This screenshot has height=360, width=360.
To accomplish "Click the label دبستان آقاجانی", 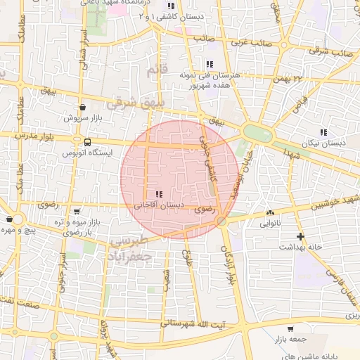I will point(159,205).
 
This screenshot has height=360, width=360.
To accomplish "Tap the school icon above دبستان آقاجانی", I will point(159,194).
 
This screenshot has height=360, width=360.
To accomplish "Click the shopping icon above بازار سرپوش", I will point(83,108).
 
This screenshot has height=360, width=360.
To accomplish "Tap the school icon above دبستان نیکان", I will point(323,131).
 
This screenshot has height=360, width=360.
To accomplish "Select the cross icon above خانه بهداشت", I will point(301,236).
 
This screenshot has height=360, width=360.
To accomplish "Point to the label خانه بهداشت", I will point(301,247).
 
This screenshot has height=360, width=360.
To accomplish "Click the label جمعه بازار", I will point(290,339).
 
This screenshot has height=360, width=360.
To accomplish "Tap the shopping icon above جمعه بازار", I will point(290,328).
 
